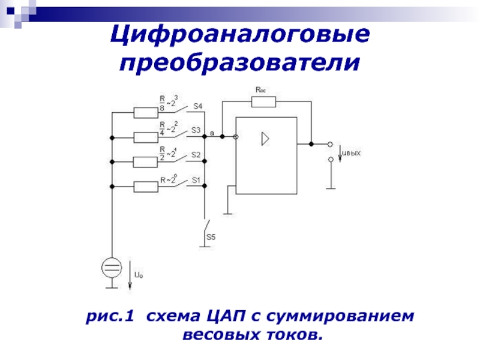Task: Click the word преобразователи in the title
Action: tap(240, 61)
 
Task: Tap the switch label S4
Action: tap(197, 106)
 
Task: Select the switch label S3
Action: tap(196, 130)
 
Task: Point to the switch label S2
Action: tap(196, 154)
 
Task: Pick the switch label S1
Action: tap(196, 179)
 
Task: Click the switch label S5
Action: tap(211, 237)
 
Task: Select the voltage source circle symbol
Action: tap(111, 268)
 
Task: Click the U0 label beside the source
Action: tap(139, 275)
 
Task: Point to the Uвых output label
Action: tap(352, 154)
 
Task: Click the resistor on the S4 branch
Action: tap(145, 113)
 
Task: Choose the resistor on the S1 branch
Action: tap(145, 187)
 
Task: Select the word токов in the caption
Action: tap(288, 333)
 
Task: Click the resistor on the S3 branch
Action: tap(145, 137)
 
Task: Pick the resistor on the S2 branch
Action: tap(145, 162)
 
